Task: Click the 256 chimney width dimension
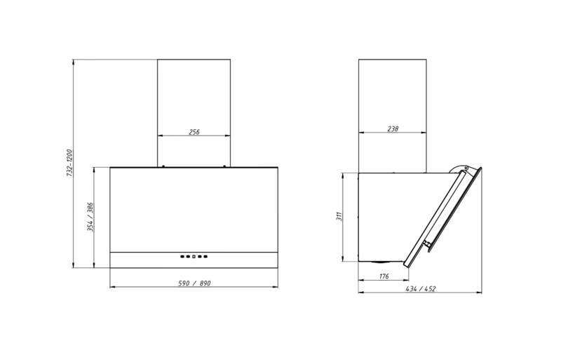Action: click(x=194, y=132)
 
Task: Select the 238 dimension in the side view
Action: click(x=393, y=128)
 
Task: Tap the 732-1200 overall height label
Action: click(x=69, y=163)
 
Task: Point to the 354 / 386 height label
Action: click(x=90, y=217)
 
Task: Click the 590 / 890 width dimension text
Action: click(x=195, y=284)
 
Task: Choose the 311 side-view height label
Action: click(x=339, y=216)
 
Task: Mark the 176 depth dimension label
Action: click(x=384, y=276)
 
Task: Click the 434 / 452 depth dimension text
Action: click(x=421, y=288)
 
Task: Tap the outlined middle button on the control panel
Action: click(x=194, y=256)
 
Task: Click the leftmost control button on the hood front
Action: click(x=182, y=256)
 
